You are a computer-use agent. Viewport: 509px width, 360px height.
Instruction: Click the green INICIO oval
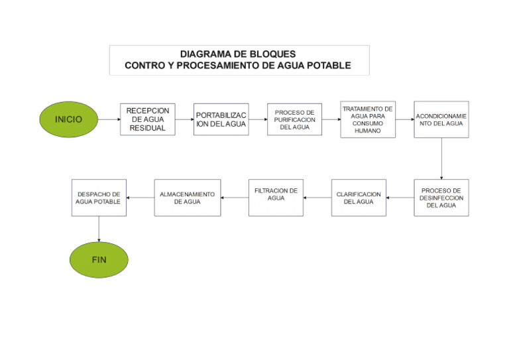[x=69, y=119]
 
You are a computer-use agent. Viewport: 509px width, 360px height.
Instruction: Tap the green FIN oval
[x=99, y=259]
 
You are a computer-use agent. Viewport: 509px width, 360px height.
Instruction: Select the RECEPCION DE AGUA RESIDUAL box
[x=148, y=119]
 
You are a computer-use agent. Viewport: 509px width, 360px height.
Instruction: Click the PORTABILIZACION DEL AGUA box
[x=221, y=119]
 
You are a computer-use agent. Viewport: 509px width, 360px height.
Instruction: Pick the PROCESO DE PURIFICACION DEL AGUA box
[x=294, y=119]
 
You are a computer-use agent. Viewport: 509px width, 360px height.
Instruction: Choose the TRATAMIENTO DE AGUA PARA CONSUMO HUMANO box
[x=368, y=119]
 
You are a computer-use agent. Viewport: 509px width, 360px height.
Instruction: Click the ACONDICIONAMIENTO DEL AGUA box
[x=441, y=119]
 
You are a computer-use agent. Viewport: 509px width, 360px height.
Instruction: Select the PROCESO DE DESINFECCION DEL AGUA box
[x=441, y=198]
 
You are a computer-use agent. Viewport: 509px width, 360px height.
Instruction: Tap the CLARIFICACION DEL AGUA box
[x=359, y=198]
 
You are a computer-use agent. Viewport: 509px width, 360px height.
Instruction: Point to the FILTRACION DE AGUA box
[x=276, y=198]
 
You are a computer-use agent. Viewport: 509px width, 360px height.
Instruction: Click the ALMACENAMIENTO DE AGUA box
[x=188, y=198]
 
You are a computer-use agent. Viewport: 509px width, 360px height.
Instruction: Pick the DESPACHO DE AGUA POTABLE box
[x=99, y=198]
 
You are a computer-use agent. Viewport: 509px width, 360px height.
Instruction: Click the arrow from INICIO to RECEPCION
[x=109, y=119]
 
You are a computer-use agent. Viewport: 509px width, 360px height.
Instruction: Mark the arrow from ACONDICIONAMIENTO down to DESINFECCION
[x=441, y=158]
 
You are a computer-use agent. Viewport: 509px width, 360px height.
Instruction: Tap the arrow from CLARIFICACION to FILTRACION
[x=317, y=198]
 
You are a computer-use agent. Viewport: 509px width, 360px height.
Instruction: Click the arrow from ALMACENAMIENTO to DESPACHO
[x=140, y=198]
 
